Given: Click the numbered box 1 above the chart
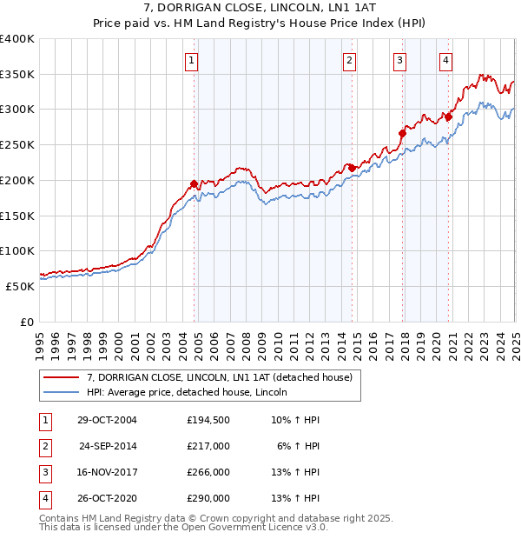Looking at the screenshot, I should (190, 61).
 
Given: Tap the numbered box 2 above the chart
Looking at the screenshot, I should (348, 61).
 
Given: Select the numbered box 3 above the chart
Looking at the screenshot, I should (399, 61).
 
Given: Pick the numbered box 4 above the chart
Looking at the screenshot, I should (445, 61).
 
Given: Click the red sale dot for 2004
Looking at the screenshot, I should (194, 183).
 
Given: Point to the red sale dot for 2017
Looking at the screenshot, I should (403, 133).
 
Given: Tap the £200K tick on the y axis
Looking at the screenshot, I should (17, 180).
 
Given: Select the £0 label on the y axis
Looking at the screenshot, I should (28, 321).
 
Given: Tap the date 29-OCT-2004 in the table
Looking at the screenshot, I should (107, 421).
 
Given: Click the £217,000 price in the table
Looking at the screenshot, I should (208, 446).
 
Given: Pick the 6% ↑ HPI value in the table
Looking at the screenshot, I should (299, 446).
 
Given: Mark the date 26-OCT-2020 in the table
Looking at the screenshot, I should (107, 498).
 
